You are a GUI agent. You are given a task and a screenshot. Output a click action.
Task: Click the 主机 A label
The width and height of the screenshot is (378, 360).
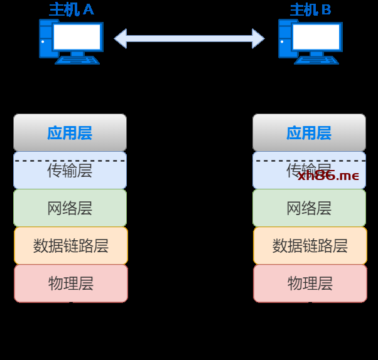coord(71,9)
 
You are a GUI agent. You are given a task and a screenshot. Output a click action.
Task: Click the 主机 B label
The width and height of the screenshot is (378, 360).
coord(310,9)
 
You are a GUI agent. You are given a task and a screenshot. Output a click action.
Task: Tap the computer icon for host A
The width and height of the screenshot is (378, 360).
coord(70,41)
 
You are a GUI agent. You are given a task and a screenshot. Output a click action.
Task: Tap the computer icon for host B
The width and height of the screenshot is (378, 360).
coord(310,41)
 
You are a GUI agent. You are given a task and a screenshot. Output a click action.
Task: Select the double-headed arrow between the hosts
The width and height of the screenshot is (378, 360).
coord(189,38)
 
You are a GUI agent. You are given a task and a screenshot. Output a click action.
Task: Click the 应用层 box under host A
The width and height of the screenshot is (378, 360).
coord(70,133)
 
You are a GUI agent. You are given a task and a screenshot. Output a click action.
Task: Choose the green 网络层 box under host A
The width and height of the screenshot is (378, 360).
coord(70,208)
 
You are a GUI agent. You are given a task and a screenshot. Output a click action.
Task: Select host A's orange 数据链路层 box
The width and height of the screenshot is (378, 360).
coord(70,246)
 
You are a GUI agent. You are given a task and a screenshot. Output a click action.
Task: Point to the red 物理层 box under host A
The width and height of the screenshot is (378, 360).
coord(70,283)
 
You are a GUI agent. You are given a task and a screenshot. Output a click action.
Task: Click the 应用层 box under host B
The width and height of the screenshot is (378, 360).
coord(309,133)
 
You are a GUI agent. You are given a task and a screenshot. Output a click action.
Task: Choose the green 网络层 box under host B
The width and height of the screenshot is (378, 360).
coord(309,208)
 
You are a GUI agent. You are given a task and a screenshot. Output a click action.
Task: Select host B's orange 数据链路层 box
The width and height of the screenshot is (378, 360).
coord(310,246)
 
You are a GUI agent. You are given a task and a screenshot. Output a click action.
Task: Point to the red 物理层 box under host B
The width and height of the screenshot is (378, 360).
coord(310,283)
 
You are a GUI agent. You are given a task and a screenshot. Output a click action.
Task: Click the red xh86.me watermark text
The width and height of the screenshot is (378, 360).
coord(328,176)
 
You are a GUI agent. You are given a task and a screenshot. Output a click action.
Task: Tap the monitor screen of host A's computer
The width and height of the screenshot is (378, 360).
coord(77,37)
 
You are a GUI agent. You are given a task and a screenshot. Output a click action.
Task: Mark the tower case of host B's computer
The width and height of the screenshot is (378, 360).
coord(286,39)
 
